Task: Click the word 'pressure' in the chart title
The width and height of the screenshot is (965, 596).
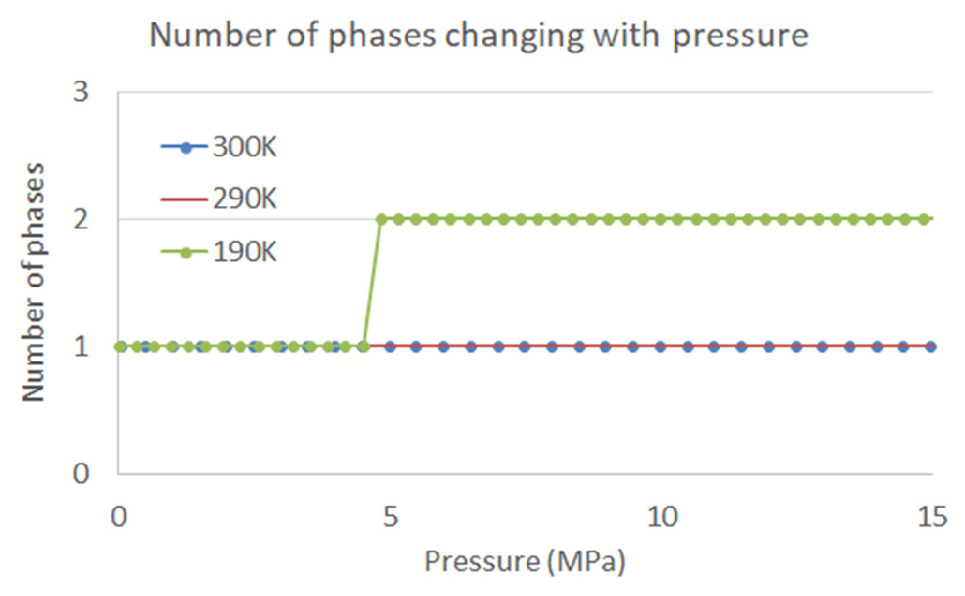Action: point(741,37)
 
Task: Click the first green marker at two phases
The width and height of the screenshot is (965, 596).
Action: point(381,219)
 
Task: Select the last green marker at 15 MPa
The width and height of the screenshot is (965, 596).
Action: point(924,219)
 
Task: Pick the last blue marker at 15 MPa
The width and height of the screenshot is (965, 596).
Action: point(931,347)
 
